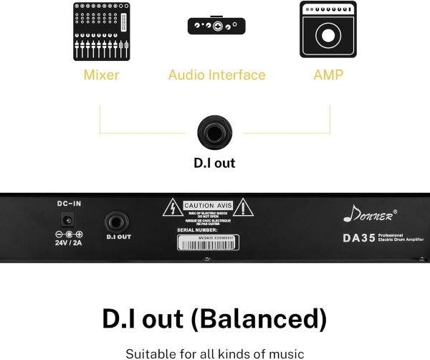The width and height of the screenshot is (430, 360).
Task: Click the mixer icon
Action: click(x=101, y=32)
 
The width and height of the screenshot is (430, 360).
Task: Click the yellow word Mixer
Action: click(x=101, y=75)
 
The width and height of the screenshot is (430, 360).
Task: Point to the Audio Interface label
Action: click(x=216, y=75)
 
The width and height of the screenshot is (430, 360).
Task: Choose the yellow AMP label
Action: click(x=328, y=75)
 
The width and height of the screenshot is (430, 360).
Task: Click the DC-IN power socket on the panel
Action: click(x=70, y=219)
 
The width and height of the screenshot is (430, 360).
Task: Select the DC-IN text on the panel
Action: click(x=70, y=204)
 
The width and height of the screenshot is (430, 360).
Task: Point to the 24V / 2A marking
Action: click(x=70, y=243)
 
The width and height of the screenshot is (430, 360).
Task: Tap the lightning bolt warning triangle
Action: click(x=173, y=209)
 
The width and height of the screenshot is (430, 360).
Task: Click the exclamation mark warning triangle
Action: click(x=246, y=209)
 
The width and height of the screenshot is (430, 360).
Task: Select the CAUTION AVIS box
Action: click(x=209, y=206)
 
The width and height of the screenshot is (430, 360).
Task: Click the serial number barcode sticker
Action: click(x=209, y=242)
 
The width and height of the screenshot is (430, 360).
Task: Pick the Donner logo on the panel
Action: click(x=373, y=212)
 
